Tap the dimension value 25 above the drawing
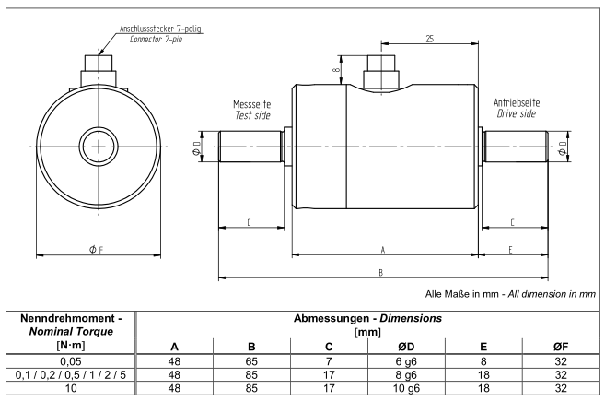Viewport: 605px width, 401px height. (430, 39)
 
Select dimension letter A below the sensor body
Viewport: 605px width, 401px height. (383, 250)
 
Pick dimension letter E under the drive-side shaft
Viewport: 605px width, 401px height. (509, 250)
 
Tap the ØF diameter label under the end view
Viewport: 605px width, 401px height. (96, 250)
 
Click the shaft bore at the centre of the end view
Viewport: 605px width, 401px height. (96, 147)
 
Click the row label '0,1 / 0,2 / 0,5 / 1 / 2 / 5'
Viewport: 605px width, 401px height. (69, 374)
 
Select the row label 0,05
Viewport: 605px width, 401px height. (69, 360)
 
